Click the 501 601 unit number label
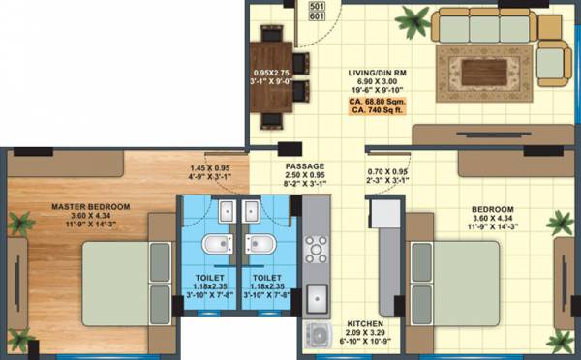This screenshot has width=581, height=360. (x=316, y=12)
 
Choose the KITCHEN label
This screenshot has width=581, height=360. (x=365, y=323)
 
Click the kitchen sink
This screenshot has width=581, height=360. (x=317, y=301)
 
